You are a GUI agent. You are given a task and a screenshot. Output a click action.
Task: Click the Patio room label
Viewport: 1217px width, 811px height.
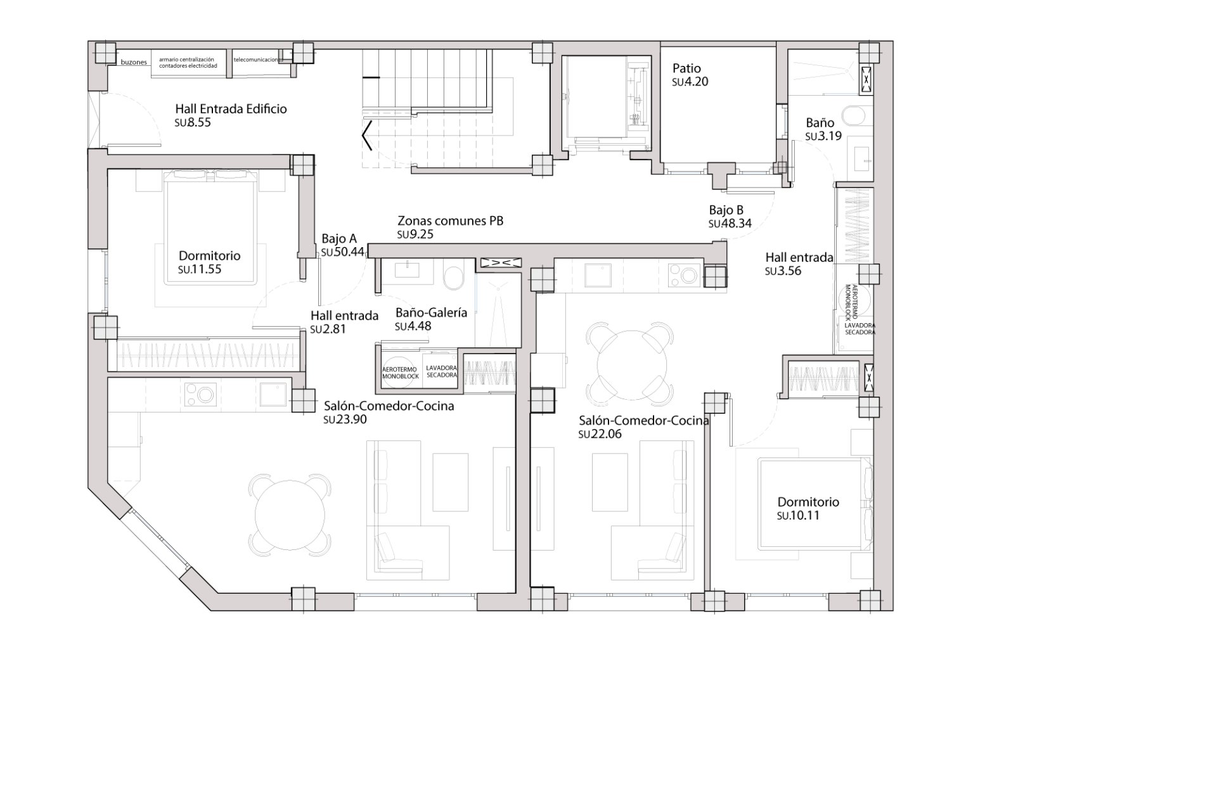(686, 68)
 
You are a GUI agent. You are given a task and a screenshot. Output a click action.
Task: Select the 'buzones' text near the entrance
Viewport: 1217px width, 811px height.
(134, 63)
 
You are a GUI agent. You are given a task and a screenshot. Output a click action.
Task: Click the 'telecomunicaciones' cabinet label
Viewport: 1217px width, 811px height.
(256, 60)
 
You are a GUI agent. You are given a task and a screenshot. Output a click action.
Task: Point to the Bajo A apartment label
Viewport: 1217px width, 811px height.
(339, 239)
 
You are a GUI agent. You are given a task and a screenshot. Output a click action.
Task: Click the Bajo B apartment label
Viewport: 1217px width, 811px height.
(726, 210)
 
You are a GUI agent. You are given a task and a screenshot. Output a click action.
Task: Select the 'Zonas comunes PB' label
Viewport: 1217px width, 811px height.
(450, 221)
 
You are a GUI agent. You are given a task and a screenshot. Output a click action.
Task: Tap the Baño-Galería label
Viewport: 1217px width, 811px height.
(431, 312)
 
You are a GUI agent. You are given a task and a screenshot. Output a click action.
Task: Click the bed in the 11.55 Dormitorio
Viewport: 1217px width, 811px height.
(211, 228)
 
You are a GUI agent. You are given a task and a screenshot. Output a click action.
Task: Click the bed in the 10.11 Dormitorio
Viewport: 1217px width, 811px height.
(810, 504)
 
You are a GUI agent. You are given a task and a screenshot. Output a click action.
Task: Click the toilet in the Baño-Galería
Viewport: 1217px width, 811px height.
(453, 278)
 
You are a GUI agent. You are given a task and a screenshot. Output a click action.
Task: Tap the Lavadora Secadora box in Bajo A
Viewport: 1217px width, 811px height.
(441, 371)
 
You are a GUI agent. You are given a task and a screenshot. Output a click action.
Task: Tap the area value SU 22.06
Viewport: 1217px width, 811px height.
(600, 434)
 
